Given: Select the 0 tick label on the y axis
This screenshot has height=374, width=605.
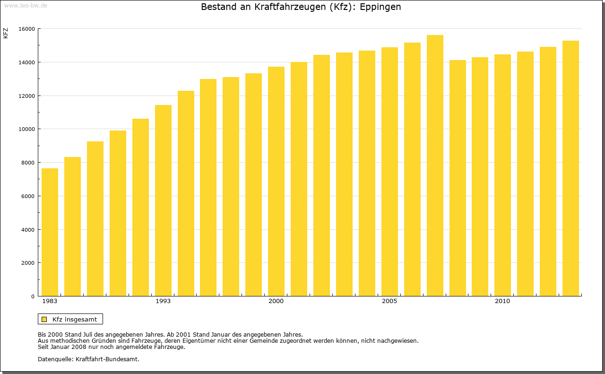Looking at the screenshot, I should coord(33,296).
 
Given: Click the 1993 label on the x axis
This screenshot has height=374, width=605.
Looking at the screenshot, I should coord(163,301).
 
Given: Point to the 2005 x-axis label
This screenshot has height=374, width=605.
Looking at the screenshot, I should coord(389,301).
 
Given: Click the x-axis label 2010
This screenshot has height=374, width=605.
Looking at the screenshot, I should coord(502,301).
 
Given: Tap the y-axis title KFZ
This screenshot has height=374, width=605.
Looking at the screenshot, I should coord(6,33).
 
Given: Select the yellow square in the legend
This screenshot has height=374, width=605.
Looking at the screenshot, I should coord(44,319).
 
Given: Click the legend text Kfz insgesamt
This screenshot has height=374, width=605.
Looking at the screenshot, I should coord(75,319).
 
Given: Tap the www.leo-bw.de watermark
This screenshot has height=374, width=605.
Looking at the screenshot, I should coord(26,5).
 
